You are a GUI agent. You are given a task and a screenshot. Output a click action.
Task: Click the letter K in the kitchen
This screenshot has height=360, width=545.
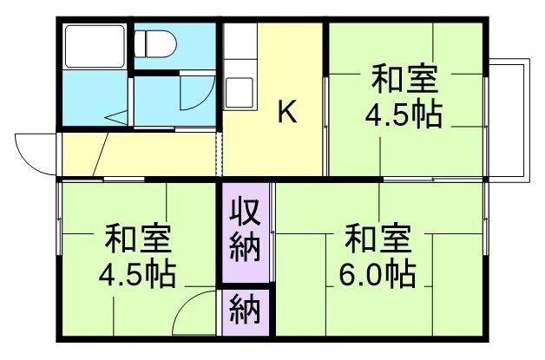point(287,112)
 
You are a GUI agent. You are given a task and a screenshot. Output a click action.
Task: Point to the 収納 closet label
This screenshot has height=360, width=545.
point(246,232)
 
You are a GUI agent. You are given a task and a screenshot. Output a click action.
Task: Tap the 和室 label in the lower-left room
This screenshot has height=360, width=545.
point(137,237)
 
